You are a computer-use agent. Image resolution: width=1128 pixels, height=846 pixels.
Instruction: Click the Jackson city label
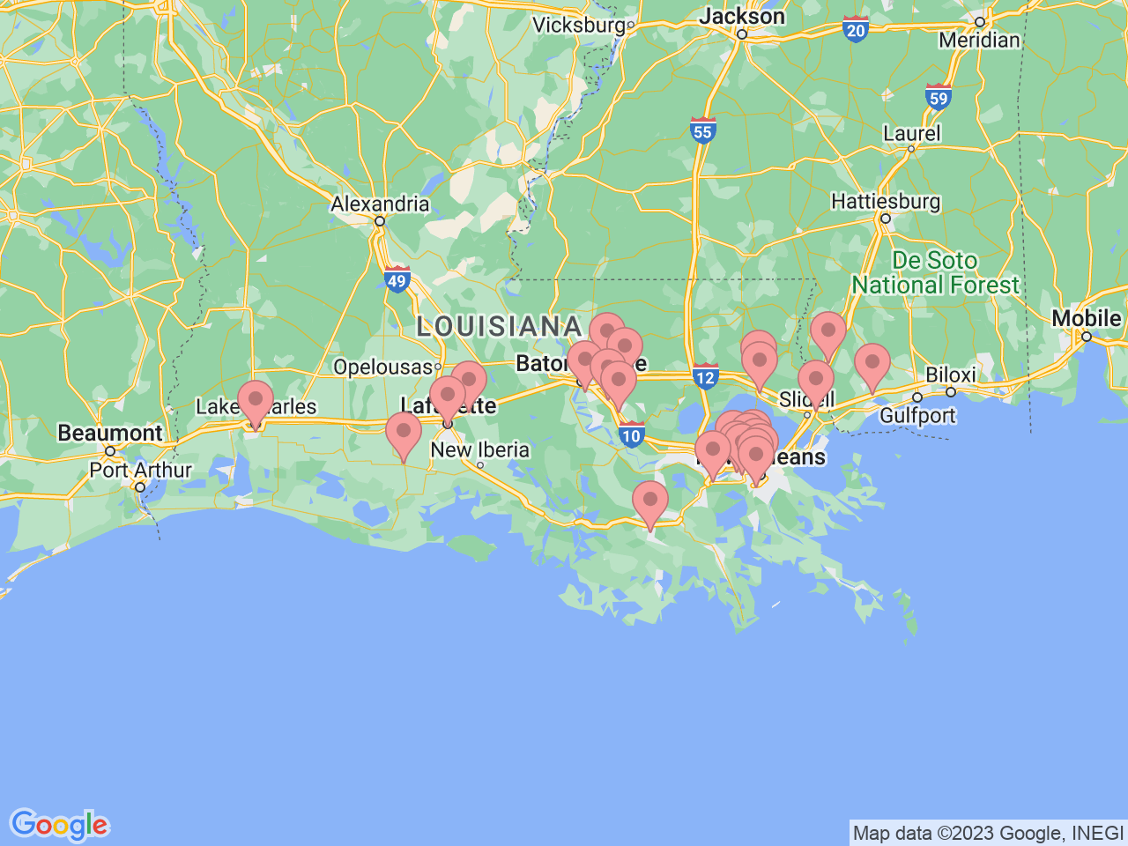tap(741, 17)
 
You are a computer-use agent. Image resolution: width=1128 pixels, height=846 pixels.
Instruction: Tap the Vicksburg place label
tap(579, 25)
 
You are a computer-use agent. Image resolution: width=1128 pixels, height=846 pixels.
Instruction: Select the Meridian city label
tap(979, 40)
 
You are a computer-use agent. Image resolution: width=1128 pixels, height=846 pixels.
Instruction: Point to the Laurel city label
tap(912, 134)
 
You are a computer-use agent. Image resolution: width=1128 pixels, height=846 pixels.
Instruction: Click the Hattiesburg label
tap(886, 202)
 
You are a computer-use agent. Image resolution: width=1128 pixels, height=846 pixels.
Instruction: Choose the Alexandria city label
tap(380, 204)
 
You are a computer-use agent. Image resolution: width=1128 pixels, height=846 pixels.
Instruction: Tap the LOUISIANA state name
tap(499, 327)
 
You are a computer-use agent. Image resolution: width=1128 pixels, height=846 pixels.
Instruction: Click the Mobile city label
tap(1087, 318)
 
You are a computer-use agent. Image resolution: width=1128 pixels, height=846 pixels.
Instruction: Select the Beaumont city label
tap(110, 433)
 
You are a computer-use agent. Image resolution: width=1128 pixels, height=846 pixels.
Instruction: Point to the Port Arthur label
tap(140, 470)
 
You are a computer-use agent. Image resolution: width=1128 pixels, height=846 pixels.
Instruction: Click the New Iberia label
tap(479, 449)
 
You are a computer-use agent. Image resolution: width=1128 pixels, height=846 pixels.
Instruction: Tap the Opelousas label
tap(383, 367)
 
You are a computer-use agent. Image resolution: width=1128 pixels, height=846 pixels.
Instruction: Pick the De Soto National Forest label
tap(935, 273)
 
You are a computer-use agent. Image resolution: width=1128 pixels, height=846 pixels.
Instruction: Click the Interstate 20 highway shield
tap(855, 29)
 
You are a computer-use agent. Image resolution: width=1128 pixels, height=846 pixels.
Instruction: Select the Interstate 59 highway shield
tap(939, 96)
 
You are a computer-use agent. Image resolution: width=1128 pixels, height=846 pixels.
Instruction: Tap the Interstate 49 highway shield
tap(397, 280)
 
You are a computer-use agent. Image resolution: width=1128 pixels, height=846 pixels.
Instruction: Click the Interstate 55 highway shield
tap(702, 130)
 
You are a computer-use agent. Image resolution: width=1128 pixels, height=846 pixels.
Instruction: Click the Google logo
tap(59, 826)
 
